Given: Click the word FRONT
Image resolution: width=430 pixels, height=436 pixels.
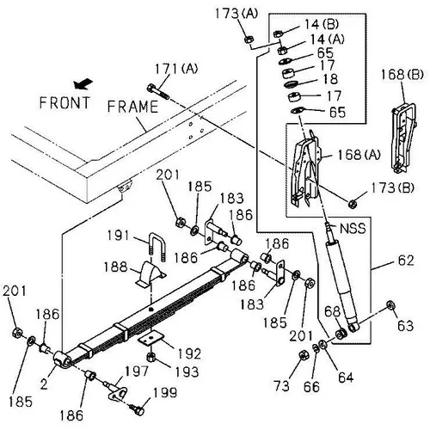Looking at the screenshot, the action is (64, 102).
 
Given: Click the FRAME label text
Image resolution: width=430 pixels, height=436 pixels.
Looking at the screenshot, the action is (132, 107).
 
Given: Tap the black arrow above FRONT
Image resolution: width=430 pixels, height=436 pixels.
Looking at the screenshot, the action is (83, 83).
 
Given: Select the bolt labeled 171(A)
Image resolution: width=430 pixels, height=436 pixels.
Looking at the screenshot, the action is (158, 91).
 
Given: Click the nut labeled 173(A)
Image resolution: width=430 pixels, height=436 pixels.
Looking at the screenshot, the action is (249, 39).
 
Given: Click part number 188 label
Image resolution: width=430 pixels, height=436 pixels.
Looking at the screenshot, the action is (115, 267).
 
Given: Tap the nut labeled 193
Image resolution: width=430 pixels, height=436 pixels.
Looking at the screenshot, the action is (150, 358).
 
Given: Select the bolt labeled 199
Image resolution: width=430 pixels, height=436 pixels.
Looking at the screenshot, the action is (137, 409).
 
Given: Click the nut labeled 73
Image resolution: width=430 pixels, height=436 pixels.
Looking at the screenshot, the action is (304, 355).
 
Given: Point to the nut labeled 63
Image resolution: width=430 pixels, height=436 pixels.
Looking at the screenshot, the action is (390, 304).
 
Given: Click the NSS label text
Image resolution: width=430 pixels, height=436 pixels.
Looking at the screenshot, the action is (353, 229).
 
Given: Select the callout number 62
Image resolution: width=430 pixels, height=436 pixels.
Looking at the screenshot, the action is (406, 261).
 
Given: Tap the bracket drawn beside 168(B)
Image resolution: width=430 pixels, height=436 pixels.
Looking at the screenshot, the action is (403, 138).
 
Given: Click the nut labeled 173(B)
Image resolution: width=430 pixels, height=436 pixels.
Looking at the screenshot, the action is (352, 204).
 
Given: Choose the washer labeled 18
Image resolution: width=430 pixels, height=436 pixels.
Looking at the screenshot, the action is (291, 84).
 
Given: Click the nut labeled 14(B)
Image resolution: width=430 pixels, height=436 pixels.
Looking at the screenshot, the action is (278, 34).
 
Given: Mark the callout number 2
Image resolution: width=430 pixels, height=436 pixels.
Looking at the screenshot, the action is (44, 384).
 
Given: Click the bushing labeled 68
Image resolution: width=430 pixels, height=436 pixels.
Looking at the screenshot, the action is (341, 335).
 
